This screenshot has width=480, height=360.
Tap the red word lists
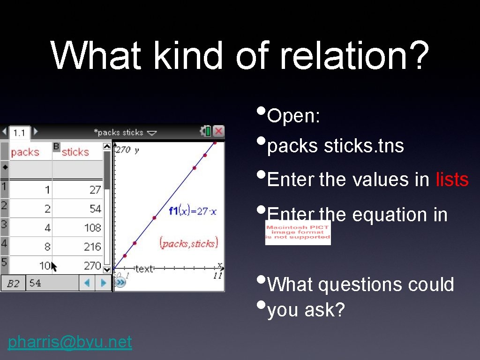pos(452,180)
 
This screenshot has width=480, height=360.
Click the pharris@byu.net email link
pos(70,342)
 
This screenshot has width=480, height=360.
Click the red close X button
pos(218,132)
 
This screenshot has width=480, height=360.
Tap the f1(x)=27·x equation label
pos(193,211)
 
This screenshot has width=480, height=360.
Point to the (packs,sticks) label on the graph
pos(188,243)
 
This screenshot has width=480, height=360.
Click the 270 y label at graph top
pos(127,150)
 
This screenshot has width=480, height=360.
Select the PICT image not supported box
pos(298,232)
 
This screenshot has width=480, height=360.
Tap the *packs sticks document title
pos(120,132)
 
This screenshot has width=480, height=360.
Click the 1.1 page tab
pos(19,133)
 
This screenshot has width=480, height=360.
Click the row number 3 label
pos(4,224)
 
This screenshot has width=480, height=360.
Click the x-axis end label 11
pos(217,276)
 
